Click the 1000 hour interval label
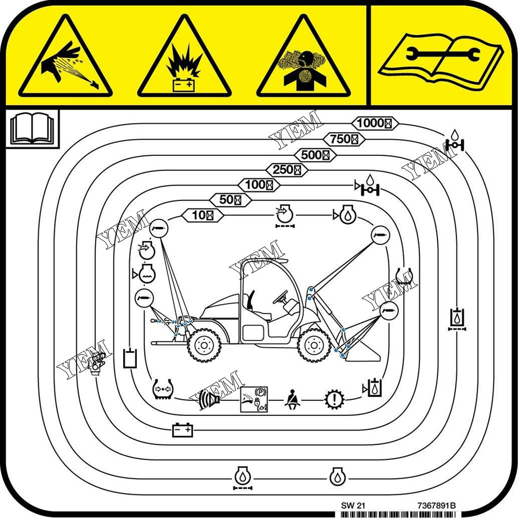pos(375,123)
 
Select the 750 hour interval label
pos(344,139)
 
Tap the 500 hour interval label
pos(315,154)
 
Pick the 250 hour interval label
pos(287,170)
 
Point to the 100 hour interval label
pos(259,184)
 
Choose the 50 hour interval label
pos(231,199)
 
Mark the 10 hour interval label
pos(203,215)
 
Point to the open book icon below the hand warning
pos(32,129)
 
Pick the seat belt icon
pos(292,400)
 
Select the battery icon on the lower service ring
pos(182,430)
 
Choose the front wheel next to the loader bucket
pos(314,346)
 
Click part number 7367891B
pos(436,506)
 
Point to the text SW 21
pos(353,506)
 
